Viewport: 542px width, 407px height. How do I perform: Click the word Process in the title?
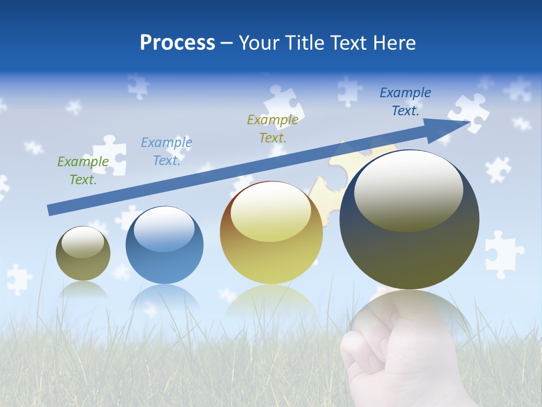pos(177,43)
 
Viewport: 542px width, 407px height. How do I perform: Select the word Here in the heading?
pos(394,43)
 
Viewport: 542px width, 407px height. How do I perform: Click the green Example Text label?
pos(83,171)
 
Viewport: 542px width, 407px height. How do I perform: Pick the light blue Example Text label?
pos(167,151)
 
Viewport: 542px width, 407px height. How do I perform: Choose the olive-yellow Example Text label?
pos(273,128)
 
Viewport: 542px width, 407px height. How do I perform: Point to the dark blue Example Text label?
pos(405,102)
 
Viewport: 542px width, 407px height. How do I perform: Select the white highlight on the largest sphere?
pos(408,189)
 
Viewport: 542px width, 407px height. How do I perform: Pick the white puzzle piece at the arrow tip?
pos(469,113)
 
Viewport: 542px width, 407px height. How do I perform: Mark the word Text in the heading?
pos(351,43)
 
